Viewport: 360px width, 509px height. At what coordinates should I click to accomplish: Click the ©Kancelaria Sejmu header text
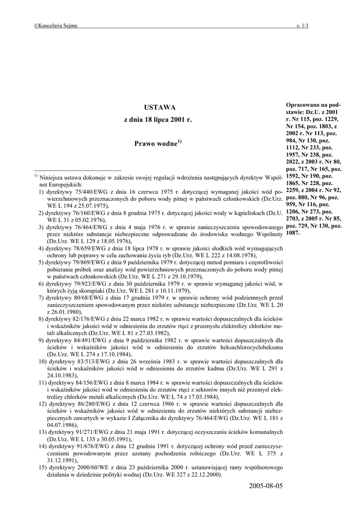(x=56, y=25)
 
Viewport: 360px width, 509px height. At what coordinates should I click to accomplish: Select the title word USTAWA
(x=157, y=107)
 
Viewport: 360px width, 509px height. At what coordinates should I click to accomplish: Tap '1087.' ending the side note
(x=293, y=233)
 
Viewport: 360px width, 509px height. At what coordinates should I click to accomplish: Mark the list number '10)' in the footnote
(x=43, y=362)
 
